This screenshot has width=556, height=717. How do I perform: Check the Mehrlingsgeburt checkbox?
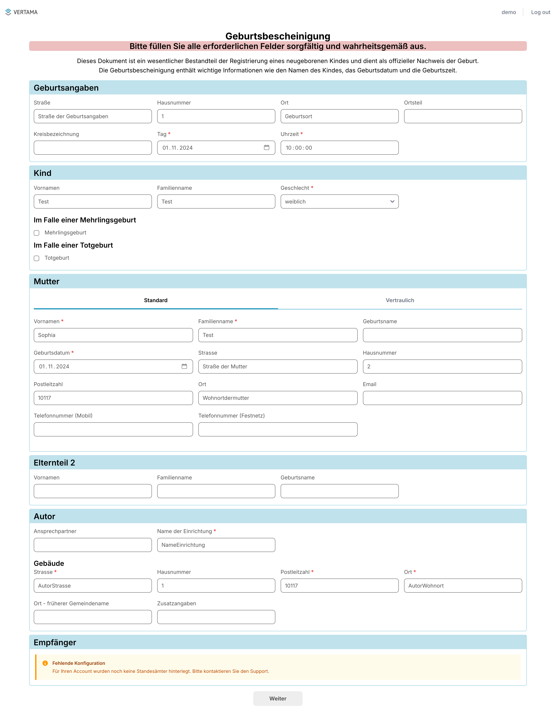tap(36, 233)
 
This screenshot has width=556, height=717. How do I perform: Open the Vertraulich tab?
tap(400, 300)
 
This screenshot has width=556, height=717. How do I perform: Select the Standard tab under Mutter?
tap(156, 300)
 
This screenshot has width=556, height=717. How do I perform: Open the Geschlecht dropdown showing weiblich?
tap(339, 202)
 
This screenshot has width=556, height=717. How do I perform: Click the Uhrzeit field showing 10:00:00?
tap(339, 148)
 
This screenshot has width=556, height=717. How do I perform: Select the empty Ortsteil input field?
tap(463, 116)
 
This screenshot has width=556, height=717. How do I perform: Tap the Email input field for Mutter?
tap(442, 398)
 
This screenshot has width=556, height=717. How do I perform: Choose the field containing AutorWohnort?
tap(463, 586)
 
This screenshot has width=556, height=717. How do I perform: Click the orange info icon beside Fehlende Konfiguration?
tap(45, 663)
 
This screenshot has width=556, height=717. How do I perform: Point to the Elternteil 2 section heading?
tap(55, 463)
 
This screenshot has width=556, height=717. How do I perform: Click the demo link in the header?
tap(508, 12)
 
